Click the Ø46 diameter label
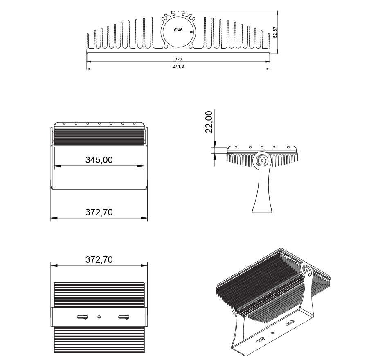pyautogui.click(x=178, y=30)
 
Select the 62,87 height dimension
pyautogui.click(x=275, y=32)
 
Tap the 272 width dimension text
pyautogui.click(x=178, y=60)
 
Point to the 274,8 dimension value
pyautogui.click(x=178, y=67)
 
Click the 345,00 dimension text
pyautogui.click(x=99, y=160)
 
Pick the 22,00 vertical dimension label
pyautogui.click(x=209, y=122)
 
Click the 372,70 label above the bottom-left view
pyautogui.click(x=99, y=259)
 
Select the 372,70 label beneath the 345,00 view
pyautogui.click(x=99, y=212)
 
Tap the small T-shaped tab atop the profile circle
pyautogui.click(x=178, y=12)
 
